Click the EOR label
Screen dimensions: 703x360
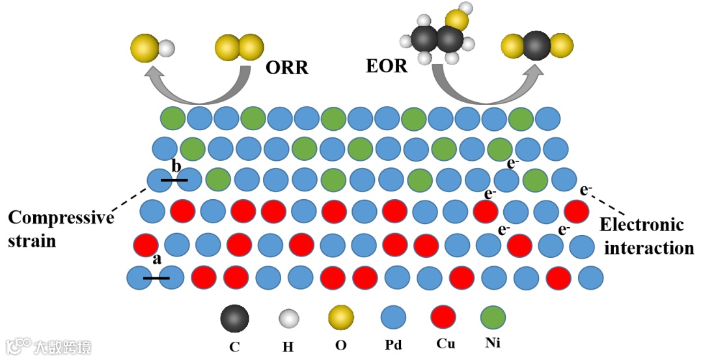coord(387,66)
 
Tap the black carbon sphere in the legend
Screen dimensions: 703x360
coord(234,318)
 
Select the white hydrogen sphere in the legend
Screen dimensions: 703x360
coord(288,319)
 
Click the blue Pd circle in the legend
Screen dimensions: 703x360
coord(393,318)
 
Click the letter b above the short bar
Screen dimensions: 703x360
coord(176,164)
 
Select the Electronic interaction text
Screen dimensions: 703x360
coord(645,236)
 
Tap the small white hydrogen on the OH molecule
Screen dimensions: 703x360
coord(168,48)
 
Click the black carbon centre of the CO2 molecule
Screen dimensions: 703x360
coord(538,46)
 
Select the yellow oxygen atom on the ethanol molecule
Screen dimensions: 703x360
coord(458,19)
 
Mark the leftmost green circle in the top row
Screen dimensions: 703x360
coord(173,118)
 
